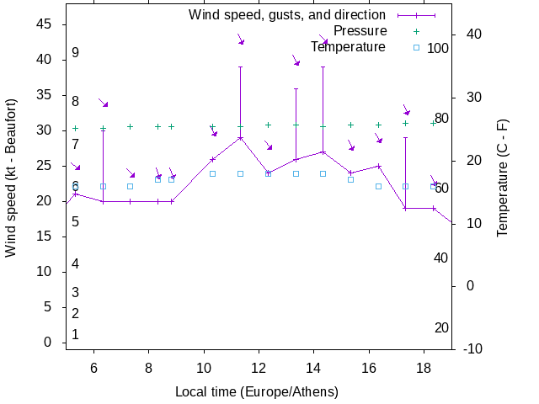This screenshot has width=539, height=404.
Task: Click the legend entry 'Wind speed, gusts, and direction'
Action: pos(286,14)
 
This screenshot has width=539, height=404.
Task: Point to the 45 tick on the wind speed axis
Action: pos(45,25)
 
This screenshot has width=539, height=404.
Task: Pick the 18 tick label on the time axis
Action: pos(424,367)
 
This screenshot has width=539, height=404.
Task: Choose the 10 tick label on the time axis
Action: pos(203,367)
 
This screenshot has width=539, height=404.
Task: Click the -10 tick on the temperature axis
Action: pos(472,348)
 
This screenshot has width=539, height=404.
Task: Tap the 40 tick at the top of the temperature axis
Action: pos(473,35)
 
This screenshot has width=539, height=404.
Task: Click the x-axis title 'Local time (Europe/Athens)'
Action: pos(256,392)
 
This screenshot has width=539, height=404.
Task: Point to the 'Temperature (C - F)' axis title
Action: pos(503,178)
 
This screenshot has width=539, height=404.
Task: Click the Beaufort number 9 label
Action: pos(75,53)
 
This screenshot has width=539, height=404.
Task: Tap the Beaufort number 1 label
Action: pos(75,335)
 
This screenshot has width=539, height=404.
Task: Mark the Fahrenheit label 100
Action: pos(438,49)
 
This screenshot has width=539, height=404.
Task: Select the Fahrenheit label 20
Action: pos(441,327)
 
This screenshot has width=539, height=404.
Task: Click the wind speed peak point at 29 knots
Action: pos(240,137)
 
